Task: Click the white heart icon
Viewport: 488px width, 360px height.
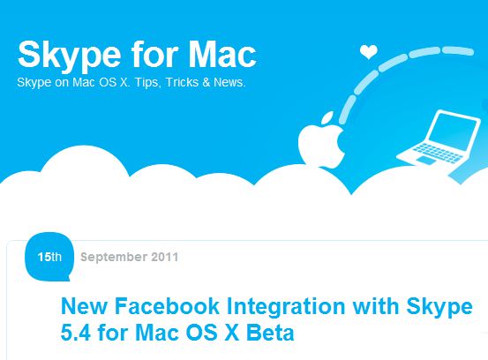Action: (x=369, y=52)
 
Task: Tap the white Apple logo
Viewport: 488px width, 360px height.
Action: (x=321, y=141)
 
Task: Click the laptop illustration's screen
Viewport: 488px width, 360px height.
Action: (x=453, y=129)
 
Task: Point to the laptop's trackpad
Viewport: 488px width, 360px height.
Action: (x=426, y=161)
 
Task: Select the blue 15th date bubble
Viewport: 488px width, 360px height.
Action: (x=49, y=257)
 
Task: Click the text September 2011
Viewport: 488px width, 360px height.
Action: (x=129, y=257)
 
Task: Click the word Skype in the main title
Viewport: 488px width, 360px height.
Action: (x=69, y=55)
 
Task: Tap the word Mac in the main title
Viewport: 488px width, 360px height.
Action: (x=222, y=54)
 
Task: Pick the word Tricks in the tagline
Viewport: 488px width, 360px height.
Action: (x=182, y=82)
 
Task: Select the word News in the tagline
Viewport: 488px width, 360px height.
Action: (x=229, y=82)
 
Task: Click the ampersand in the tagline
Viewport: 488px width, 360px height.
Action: (x=206, y=82)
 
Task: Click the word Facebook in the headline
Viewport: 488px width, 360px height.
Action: (x=167, y=306)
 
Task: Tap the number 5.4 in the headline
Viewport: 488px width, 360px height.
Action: (x=76, y=333)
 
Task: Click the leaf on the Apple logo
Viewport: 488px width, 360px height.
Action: (x=327, y=117)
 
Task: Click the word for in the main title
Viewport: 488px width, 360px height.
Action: (x=154, y=54)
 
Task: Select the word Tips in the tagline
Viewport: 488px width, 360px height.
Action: (x=147, y=83)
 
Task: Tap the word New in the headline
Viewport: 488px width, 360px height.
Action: (x=84, y=306)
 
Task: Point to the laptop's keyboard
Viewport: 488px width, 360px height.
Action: (x=438, y=152)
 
